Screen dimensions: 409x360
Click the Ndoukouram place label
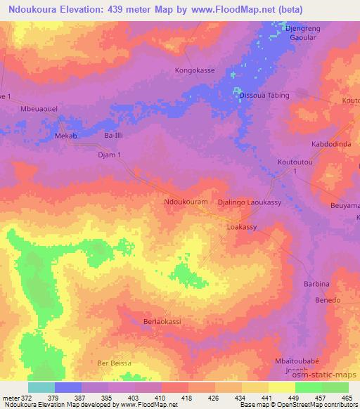pyautogui.click(x=185, y=202)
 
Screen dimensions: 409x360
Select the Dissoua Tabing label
pyautogui.click(x=264, y=95)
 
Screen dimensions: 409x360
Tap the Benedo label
pyautogui.click(x=327, y=300)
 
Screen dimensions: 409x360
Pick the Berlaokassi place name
pyautogui.click(x=162, y=321)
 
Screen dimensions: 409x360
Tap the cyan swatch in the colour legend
pyautogui.click(x=41, y=387)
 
